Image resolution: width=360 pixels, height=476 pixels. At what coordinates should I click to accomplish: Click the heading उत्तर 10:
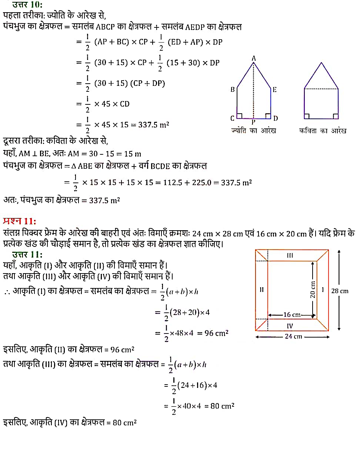[x=27, y=5]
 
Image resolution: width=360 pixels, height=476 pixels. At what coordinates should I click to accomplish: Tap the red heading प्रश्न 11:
[x=20, y=221]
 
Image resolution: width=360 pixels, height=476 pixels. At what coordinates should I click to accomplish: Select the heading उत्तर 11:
[x=27, y=254]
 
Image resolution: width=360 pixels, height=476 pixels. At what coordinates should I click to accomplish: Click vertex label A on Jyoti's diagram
[x=254, y=58]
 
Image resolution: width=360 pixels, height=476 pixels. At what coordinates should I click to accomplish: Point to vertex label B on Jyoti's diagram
[x=233, y=90]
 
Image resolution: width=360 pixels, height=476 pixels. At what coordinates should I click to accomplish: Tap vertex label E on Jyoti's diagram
[x=274, y=90]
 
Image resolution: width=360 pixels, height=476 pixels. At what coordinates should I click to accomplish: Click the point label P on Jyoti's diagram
[x=253, y=122]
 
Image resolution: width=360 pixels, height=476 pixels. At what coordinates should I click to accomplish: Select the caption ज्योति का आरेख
[x=253, y=131]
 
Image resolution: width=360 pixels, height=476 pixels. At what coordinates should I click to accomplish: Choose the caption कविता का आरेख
[x=323, y=131]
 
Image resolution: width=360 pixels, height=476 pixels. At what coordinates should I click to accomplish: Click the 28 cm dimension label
[x=340, y=291]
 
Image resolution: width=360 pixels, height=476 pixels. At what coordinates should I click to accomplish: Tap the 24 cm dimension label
[x=293, y=336]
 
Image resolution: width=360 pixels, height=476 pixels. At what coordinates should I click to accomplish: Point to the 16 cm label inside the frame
[x=292, y=315]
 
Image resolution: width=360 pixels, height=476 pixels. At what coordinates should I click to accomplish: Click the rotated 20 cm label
[x=313, y=289]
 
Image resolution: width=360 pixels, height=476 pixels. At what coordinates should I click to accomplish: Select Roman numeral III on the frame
[x=290, y=255]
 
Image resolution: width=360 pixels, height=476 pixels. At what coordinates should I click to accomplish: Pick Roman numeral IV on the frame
[x=290, y=326]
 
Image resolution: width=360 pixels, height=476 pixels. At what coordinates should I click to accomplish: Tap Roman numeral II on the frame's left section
[x=261, y=290]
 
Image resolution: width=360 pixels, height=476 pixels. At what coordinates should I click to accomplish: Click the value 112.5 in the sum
[x=172, y=182]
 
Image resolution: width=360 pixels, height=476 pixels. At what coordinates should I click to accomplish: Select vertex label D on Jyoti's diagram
[x=276, y=118]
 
